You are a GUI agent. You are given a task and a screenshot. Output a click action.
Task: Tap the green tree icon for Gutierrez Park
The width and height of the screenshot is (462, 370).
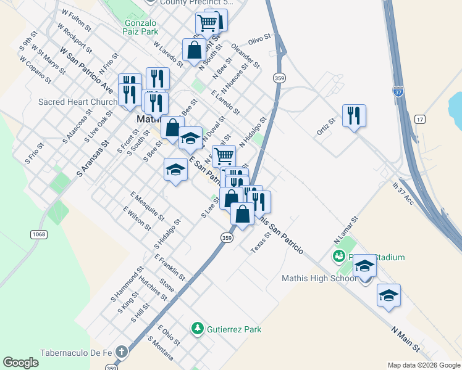[x=198, y=329]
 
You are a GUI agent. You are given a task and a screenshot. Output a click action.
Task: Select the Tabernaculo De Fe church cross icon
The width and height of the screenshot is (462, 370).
[x=122, y=353]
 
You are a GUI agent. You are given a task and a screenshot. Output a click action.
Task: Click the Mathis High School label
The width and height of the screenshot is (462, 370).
[x=319, y=278]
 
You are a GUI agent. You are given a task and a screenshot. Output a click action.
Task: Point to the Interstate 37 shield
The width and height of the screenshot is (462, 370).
[x=398, y=91]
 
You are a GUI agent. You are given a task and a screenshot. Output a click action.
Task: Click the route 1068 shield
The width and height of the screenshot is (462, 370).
[x=38, y=234]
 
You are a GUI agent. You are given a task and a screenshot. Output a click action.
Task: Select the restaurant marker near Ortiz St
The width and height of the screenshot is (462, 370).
[x=354, y=116]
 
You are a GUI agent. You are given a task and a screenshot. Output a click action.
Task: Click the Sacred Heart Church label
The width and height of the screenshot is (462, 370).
[x=78, y=102]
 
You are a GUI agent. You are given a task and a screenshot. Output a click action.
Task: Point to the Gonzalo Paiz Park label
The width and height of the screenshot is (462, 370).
[x=133, y=27]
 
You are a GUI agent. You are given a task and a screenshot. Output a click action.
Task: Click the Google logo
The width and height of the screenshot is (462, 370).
[x=21, y=363]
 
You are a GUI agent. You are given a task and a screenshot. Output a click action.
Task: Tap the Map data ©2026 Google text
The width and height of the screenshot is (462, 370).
[x=423, y=365]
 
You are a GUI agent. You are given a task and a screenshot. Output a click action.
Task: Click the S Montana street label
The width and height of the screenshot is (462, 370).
[x=160, y=349]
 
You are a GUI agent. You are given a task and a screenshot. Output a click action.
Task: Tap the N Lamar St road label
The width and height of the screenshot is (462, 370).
[x=346, y=229]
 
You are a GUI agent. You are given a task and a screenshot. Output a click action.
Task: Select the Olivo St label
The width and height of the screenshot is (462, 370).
[x=260, y=39]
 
